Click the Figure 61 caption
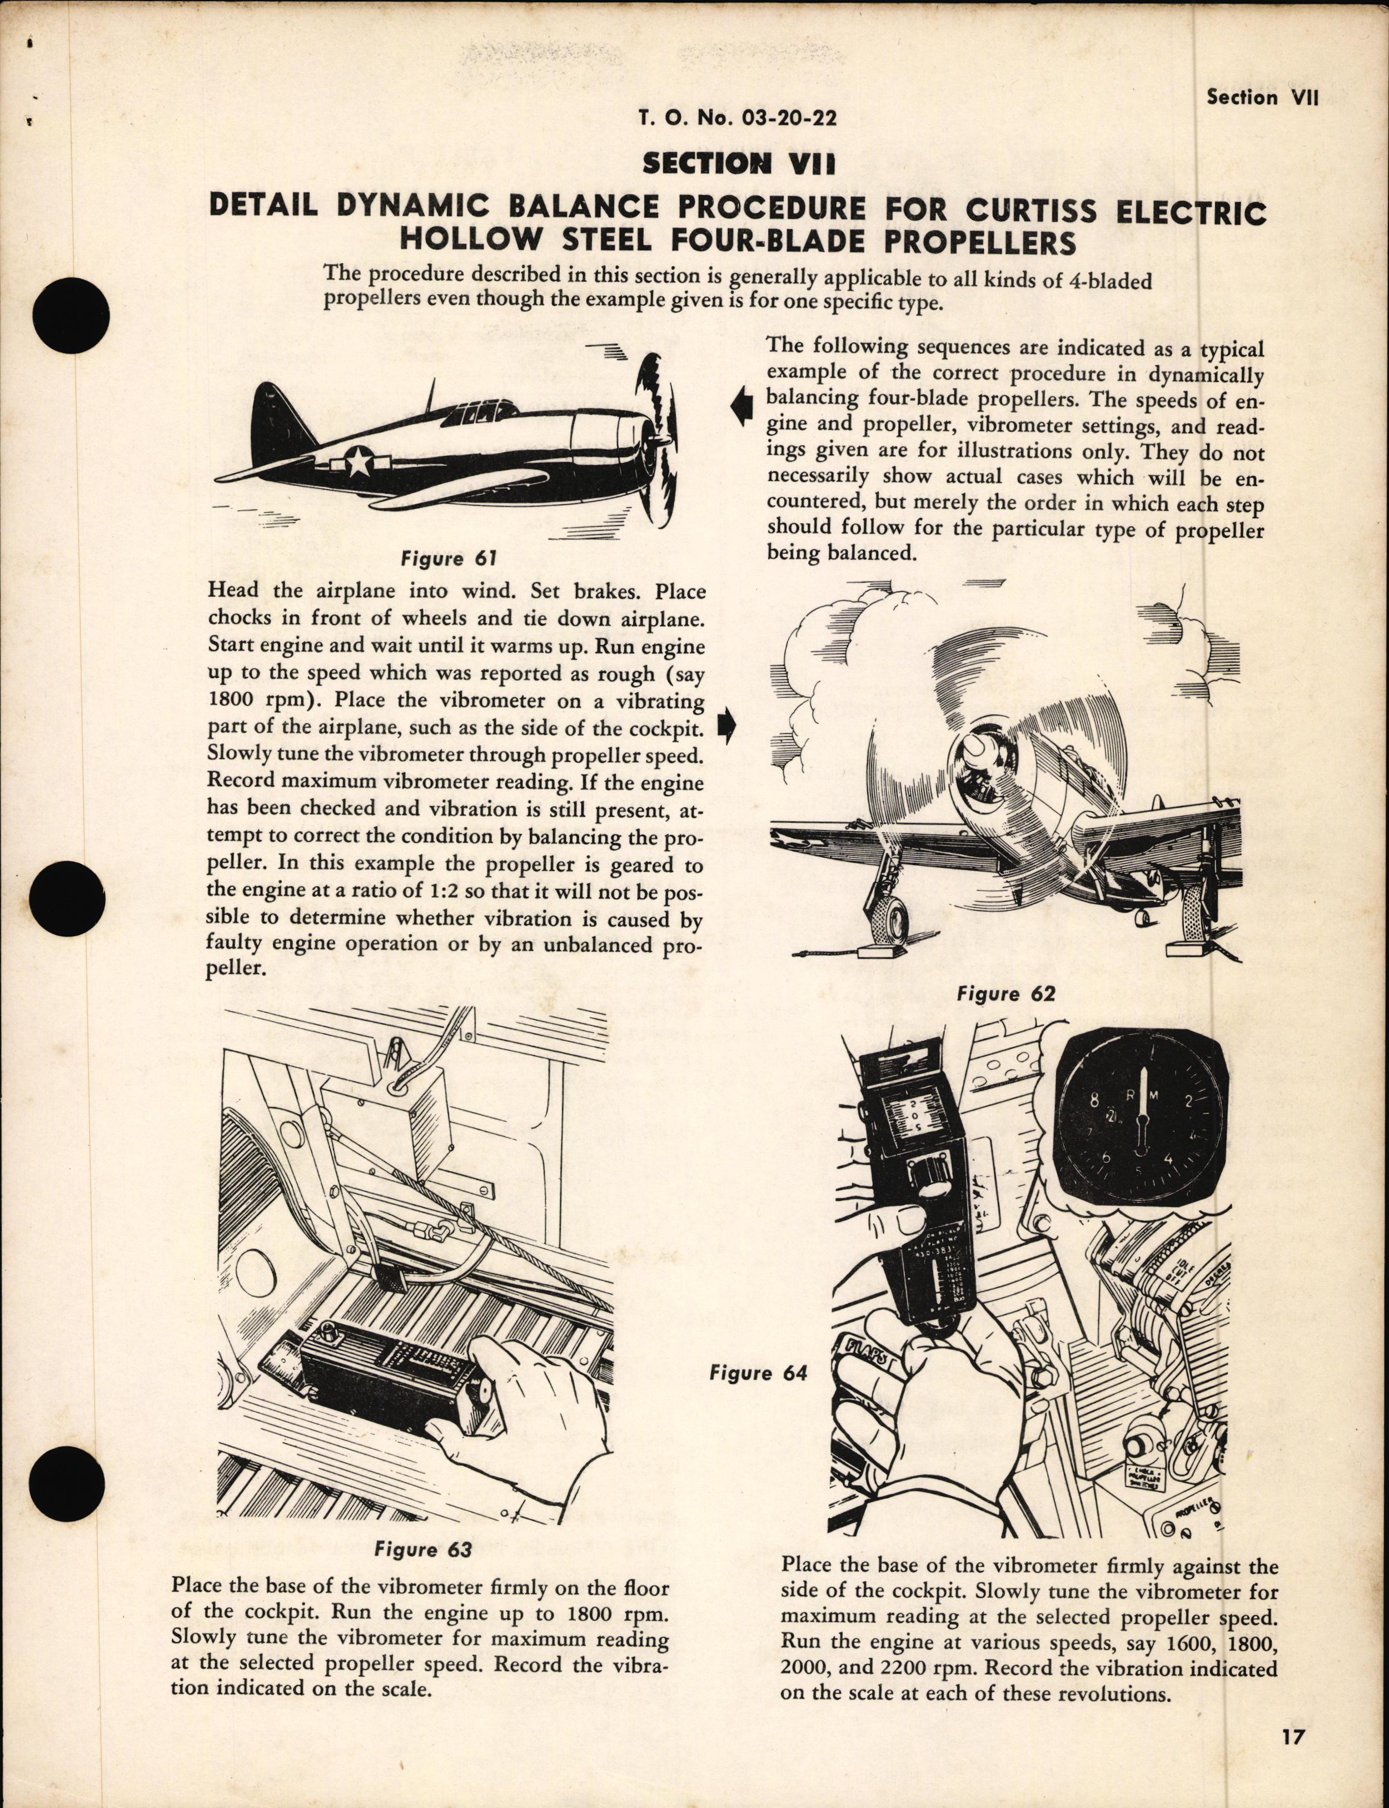pos(449,558)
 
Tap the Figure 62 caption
pos(1005,994)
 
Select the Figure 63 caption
pos(422,1548)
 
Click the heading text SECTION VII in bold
pos(738,164)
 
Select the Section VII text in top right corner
pos(1262,98)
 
